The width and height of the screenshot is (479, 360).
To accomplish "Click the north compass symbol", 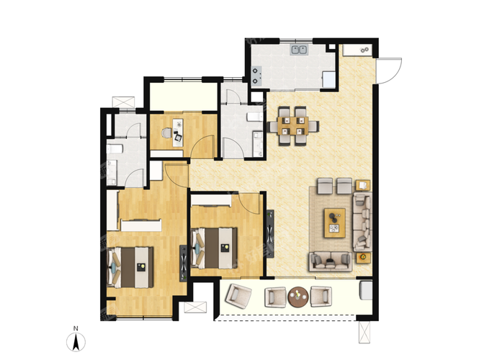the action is pyautogui.click(x=76, y=342).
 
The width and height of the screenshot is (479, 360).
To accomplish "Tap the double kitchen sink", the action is pyautogui.click(x=299, y=50).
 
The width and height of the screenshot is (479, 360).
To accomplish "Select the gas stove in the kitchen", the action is pyautogui.click(x=256, y=76).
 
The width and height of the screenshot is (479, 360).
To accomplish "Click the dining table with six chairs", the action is pyautogui.click(x=293, y=126).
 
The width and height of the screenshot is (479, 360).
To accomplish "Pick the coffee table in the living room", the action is pyautogui.click(x=335, y=223).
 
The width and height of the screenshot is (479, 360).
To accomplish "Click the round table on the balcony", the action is pyautogui.click(x=298, y=297).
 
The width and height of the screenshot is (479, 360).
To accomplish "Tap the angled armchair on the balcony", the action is pyautogui.click(x=238, y=296).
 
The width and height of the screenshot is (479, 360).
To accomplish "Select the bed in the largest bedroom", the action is pyautogui.click(x=130, y=268).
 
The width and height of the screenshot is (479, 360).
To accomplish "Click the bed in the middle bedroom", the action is pyautogui.click(x=214, y=248).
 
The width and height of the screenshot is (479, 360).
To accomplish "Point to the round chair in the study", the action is pyautogui.click(x=166, y=133).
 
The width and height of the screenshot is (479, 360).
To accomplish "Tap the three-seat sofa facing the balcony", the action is pyautogui.click(x=330, y=261).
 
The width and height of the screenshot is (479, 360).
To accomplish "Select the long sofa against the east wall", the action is pyautogui.click(x=362, y=222).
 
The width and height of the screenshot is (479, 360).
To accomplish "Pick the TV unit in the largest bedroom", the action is pyautogui.click(x=183, y=264).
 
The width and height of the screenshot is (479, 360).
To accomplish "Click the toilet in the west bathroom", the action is pyautogui.click(x=115, y=149).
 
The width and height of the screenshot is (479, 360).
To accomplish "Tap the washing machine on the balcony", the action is pyautogui.click(x=366, y=290).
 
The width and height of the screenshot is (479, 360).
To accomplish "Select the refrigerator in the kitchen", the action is pyautogui.click(x=329, y=79).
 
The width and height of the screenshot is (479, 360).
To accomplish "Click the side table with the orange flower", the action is pyautogui.click(x=363, y=258).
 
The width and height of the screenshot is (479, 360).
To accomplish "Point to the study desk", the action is pyautogui.click(x=178, y=132).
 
